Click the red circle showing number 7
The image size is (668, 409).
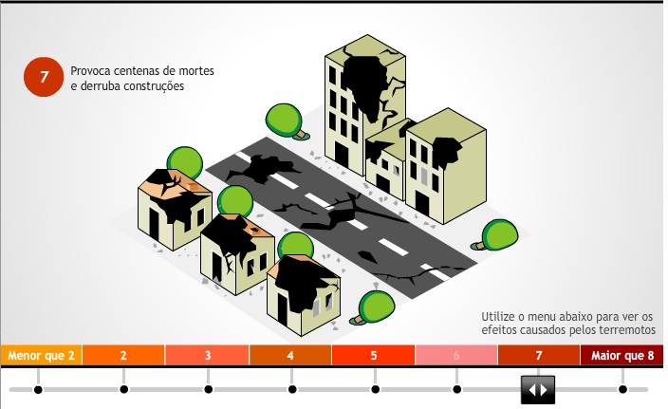click(43, 79)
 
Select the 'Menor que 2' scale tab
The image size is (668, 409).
click(41, 356)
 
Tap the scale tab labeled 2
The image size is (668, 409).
click(123, 356)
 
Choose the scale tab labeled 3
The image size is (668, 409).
click(207, 356)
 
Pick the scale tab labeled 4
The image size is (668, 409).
click(290, 356)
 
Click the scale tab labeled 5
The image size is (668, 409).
click(374, 356)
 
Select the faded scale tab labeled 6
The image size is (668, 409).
click(456, 356)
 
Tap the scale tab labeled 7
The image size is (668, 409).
click(538, 356)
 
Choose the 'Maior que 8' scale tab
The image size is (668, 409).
click(622, 356)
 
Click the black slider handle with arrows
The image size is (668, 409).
click(538, 389)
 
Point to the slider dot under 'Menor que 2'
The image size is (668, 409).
click(38, 389)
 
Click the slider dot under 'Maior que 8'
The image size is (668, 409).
click(622, 389)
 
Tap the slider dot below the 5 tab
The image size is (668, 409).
click(375, 389)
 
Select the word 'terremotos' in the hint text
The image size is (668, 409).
click(622, 330)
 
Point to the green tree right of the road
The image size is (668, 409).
click(496, 233)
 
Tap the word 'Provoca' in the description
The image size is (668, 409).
click(91, 71)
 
